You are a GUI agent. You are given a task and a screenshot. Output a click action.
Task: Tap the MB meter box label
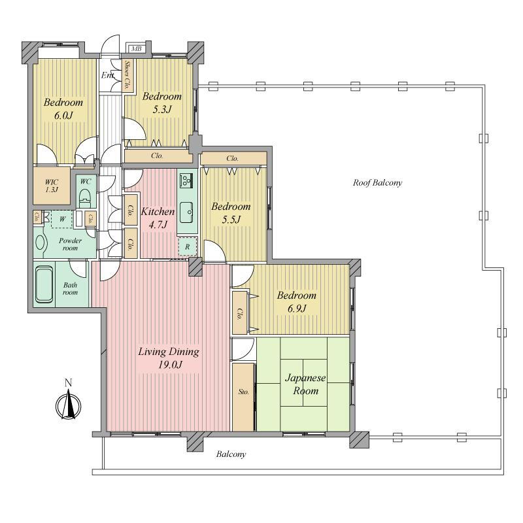(x=136, y=48)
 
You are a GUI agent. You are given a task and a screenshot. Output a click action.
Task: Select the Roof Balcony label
(x=377, y=183)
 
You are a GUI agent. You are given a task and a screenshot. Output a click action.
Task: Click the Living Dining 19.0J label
(x=169, y=358)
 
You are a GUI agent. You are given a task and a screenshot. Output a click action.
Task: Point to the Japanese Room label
(x=305, y=384)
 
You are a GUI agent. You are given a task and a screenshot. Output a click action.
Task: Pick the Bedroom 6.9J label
(x=297, y=301)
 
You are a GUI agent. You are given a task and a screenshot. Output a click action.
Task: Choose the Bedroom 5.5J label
(x=231, y=212)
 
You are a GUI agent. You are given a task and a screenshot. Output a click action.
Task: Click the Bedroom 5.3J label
(x=161, y=103)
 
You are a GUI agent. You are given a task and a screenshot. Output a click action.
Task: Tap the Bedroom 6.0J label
(x=63, y=109)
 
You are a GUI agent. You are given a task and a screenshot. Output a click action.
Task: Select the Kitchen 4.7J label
(x=158, y=218)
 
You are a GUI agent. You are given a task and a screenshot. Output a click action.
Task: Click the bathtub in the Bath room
(x=44, y=284)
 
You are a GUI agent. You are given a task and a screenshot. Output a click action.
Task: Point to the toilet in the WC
(x=86, y=197)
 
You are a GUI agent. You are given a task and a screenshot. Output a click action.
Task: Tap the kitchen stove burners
(x=186, y=180)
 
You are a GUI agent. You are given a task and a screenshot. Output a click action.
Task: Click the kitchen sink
(x=187, y=212)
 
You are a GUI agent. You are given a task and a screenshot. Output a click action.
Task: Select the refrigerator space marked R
(x=187, y=247)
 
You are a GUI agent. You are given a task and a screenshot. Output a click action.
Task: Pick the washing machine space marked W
(x=62, y=219)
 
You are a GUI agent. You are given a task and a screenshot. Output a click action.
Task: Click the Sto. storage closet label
(x=243, y=392)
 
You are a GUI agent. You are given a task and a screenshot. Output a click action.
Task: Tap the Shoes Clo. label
(x=127, y=75)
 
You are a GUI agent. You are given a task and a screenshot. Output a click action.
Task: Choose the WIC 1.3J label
(x=52, y=186)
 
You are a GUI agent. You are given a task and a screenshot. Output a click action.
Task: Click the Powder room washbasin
(x=39, y=243)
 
